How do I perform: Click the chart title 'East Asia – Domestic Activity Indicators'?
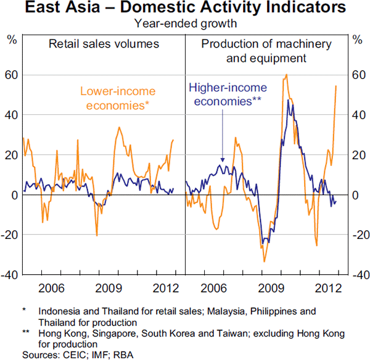(x=184, y=9)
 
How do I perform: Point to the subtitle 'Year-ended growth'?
(x=184, y=24)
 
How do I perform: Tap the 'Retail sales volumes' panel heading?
(x=104, y=44)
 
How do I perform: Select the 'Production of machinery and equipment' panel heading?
(x=266, y=51)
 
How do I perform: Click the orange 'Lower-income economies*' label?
(x=117, y=98)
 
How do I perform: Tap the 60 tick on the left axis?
(x=12, y=75)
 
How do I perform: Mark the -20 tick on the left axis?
(x=10, y=235)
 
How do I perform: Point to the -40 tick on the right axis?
(x=357, y=275)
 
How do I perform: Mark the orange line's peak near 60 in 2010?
(x=286, y=75)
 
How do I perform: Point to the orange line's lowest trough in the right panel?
(x=264, y=261)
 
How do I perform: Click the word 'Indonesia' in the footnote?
(x=59, y=311)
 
